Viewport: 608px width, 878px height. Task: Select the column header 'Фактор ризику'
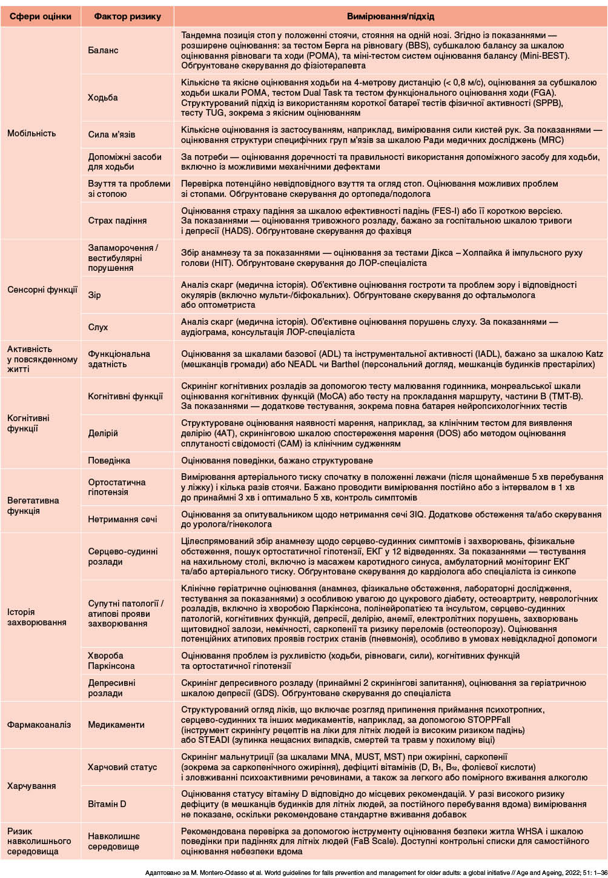(127, 16)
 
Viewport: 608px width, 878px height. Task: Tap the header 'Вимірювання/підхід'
(390, 16)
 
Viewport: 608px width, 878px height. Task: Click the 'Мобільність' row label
(31, 133)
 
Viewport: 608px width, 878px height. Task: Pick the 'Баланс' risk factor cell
(103, 50)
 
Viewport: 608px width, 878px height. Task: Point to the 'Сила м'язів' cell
(111, 135)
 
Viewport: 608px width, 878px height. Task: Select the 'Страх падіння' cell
(117, 221)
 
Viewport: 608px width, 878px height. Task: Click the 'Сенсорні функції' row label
(42, 290)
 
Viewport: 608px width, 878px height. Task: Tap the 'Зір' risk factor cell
(94, 295)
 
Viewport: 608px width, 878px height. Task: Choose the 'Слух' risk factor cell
(97, 327)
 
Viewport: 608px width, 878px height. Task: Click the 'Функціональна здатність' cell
(119, 359)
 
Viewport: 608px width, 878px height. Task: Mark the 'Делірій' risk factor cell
(103, 433)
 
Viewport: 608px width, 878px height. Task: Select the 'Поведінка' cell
(109, 461)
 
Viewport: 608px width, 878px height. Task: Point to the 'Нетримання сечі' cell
(122, 519)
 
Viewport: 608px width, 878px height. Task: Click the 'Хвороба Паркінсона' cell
(111, 660)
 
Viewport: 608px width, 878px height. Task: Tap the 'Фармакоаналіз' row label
(39, 725)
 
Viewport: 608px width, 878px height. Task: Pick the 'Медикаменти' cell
(116, 725)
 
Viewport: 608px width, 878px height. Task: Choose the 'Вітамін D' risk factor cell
(107, 804)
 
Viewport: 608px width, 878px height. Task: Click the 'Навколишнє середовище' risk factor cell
(114, 841)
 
